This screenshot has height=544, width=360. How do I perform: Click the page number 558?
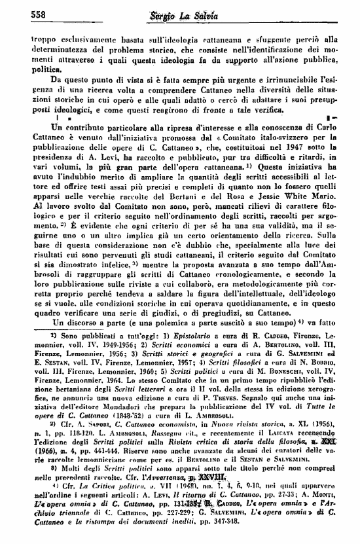(20, 14)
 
